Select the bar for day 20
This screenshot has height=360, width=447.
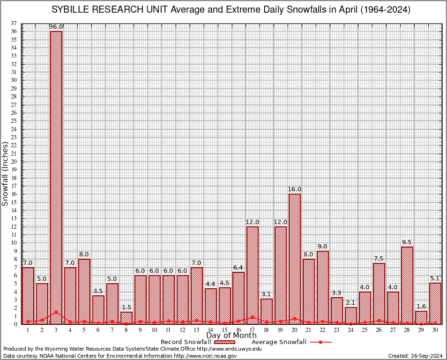295,258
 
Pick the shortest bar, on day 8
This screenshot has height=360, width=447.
127,318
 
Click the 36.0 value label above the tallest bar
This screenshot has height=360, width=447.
56,27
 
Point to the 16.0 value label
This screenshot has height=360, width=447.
295,189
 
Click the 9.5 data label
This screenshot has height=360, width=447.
407,242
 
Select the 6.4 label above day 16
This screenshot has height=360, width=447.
238,268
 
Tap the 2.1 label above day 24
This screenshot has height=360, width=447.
351,303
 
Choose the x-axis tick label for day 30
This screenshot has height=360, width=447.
435,330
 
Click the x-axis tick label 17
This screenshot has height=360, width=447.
253,330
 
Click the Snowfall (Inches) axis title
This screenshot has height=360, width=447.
5,173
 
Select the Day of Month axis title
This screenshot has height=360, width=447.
231,336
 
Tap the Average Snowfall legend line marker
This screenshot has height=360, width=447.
320,342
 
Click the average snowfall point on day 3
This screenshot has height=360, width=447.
56,312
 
